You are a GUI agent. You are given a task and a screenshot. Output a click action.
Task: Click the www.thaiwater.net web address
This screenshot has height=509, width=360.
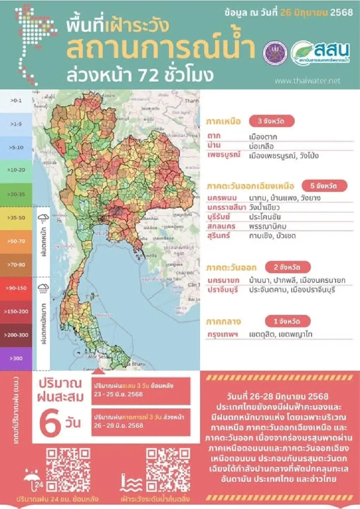(307, 81)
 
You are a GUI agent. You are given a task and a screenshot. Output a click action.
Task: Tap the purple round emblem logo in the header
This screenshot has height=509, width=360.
(275, 52)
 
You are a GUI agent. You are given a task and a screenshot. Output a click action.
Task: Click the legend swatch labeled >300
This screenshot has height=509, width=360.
(16, 358)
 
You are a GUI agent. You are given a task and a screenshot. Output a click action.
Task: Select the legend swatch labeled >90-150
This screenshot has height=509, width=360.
(16, 288)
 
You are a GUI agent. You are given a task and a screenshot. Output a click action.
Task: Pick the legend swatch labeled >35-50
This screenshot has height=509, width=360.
(16, 218)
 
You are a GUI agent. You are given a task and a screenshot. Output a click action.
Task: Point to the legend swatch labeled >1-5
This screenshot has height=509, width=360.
(16, 124)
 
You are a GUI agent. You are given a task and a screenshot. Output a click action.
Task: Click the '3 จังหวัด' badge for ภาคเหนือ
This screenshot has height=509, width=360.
(271, 121)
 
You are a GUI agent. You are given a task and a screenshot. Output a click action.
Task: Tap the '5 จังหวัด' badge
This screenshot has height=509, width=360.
(324, 186)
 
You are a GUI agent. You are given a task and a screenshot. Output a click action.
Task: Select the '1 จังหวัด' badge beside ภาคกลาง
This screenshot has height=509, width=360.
(287, 321)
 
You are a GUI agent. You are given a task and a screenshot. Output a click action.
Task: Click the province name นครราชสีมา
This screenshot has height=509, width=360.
(226, 208)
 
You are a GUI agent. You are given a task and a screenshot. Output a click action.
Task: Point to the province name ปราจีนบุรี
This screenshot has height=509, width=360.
(223, 290)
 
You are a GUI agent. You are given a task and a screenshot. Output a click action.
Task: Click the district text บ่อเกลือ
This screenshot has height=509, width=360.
(261, 146)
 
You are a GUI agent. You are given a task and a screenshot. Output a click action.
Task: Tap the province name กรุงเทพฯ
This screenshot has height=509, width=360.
(223, 334)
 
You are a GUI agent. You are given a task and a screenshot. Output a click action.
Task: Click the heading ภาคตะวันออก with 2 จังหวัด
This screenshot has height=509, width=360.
(231, 268)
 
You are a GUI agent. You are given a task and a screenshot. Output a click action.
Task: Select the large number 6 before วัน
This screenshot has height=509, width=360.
(49, 424)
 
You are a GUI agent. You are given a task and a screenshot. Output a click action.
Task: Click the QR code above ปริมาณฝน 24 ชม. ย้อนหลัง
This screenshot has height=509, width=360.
(68, 470)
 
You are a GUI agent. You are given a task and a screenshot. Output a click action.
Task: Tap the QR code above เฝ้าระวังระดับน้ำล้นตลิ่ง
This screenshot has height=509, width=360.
(168, 470)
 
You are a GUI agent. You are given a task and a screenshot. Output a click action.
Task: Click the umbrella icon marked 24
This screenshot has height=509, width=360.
(33, 480)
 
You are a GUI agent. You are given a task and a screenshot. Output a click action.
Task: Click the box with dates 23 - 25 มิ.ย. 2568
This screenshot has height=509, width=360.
(141, 390)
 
